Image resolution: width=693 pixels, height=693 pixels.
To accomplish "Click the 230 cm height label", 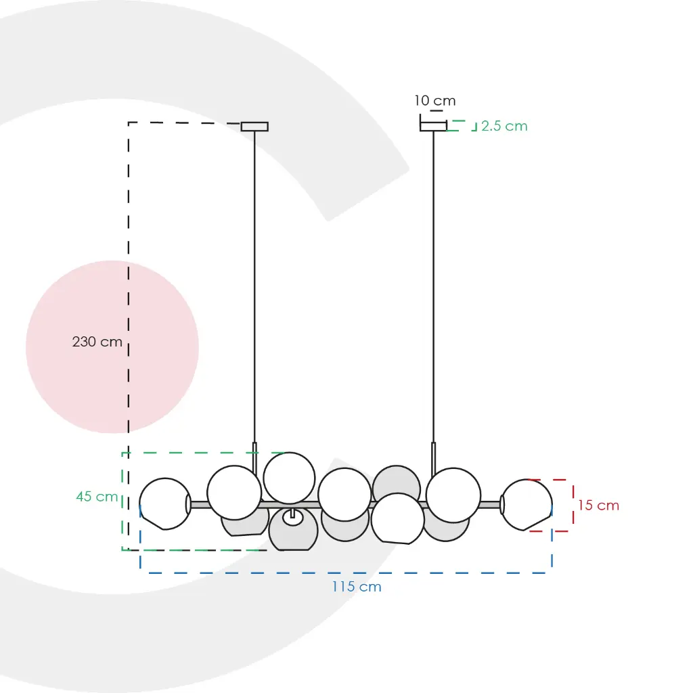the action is click(97, 342).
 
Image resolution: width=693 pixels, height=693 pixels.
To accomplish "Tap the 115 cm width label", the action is click(357, 587).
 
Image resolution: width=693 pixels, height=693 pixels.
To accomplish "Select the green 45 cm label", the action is click(97, 496).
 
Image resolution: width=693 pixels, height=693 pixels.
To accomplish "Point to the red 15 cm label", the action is click(598, 505).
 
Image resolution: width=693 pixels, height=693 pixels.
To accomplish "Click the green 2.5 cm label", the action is click(504, 126).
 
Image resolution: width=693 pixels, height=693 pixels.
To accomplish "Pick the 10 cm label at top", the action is click(435, 101).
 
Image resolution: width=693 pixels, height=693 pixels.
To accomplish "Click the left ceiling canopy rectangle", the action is click(254, 127).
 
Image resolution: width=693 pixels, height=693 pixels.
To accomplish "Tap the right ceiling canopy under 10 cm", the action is click(433, 127).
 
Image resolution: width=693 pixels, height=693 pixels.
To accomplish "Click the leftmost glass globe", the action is click(165, 504).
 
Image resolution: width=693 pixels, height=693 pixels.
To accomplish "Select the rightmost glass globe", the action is click(527, 504).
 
